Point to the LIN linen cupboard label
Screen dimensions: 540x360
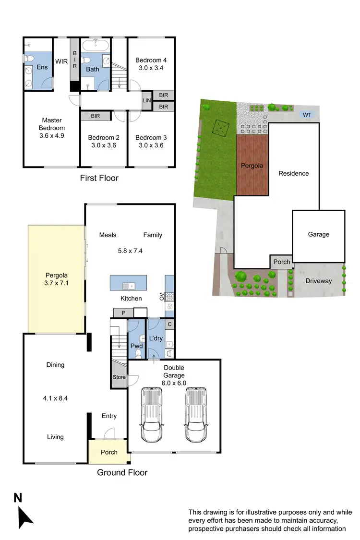pyautogui.click(x=146, y=101)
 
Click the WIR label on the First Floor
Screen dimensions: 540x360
pyautogui.click(x=61, y=61)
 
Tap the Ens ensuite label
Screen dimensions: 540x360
pyautogui.click(x=42, y=67)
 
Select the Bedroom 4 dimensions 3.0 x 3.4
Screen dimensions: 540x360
pyautogui.click(x=151, y=69)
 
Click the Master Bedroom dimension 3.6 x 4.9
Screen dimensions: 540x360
pyautogui.click(x=53, y=135)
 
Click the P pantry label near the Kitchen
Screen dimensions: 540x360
pyautogui.click(x=123, y=313)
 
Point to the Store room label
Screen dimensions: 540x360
pyautogui.click(x=119, y=377)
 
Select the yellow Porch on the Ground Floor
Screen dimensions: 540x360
pyautogui.click(x=109, y=452)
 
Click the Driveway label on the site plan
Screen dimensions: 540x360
pyautogui.click(x=319, y=281)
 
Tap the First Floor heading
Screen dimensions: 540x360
pyautogui.click(x=99, y=178)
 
